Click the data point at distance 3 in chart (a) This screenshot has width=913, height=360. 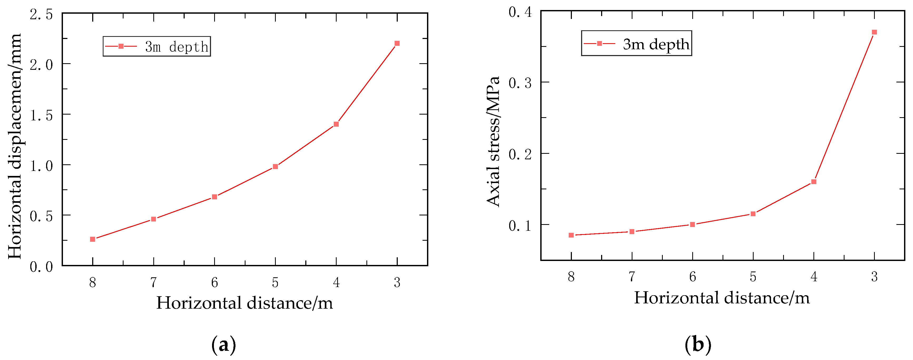397,43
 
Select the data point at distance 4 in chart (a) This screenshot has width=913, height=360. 336,124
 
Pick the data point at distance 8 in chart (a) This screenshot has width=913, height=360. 92,239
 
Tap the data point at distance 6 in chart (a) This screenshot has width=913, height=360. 214,197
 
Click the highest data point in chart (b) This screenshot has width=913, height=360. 874,32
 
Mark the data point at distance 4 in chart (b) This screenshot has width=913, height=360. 814,182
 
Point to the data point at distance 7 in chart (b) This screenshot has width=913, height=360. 632,232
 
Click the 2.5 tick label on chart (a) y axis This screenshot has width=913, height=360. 41,15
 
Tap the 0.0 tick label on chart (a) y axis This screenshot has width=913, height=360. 41,267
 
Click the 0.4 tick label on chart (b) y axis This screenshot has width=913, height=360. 520,12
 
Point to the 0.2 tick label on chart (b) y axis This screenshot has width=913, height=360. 520,154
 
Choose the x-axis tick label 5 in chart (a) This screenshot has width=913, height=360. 275,282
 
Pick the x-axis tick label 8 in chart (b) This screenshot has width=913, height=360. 571,277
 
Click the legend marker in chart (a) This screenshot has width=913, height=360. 121,46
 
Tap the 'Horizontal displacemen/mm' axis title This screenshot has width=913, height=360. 15,146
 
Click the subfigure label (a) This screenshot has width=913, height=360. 224,344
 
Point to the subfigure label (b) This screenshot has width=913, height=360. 698,344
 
